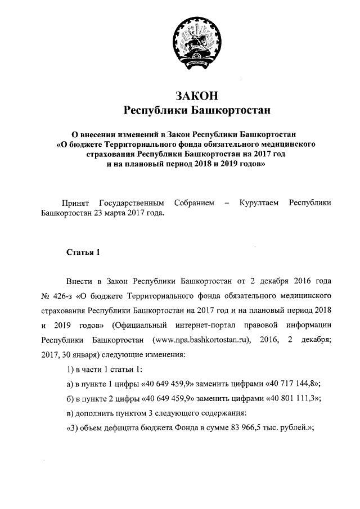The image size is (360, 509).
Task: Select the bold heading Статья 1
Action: click(83, 251)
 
